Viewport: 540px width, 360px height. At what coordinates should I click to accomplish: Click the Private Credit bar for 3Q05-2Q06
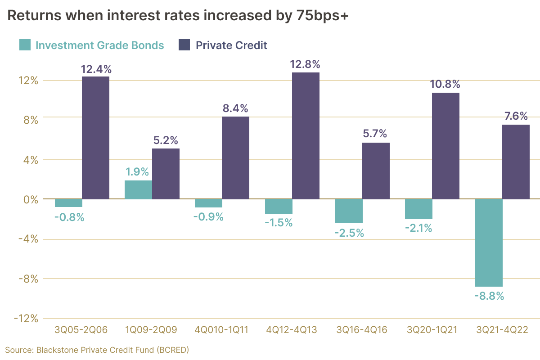click(x=95, y=138)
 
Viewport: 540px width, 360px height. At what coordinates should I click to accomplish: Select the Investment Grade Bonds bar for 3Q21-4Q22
click(x=489, y=243)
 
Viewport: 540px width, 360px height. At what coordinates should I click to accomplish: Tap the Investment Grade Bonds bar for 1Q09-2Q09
click(x=138, y=190)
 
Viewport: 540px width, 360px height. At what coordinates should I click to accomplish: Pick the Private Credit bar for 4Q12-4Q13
click(x=306, y=135)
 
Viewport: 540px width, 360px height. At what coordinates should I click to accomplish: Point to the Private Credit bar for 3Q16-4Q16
click(x=376, y=171)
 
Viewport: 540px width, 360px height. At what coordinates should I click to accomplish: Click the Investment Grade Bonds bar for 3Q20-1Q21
click(x=418, y=209)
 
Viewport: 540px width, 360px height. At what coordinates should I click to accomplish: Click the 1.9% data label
click(x=139, y=172)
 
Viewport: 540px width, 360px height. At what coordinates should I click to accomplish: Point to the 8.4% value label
click(x=235, y=108)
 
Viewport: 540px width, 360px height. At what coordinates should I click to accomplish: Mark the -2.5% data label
click(x=349, y=233)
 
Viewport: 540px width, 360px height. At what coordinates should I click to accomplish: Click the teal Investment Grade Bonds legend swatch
click(x=25, y=45)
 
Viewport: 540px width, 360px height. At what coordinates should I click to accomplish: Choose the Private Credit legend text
click(x=231, y=45)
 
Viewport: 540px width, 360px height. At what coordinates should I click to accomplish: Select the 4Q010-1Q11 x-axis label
click(x=221, y=330)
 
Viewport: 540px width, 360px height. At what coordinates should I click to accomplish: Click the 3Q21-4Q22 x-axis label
click(x=502, y=330)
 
